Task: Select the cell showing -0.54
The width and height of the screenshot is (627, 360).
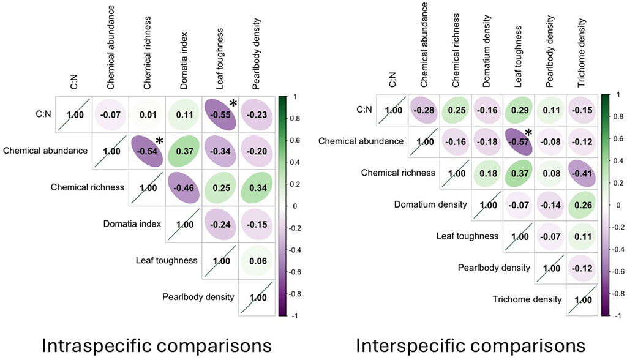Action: pyautogui.click(x=146, y=150)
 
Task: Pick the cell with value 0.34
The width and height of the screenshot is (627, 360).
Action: pyautogui.click(x=257, y=187)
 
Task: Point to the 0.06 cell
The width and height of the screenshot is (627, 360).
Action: pyautogui.click(x=257, y=260)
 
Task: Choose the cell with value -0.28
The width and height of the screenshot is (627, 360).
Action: pyautogui.click(x=424, y=110)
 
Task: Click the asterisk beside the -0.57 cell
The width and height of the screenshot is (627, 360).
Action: pyautogui.click(x=527, y=133)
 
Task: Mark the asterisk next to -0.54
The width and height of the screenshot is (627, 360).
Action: pyautogui.click(x=159, y=141)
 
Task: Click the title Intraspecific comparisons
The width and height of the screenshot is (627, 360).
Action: pyautogui.click(x=157, y=346)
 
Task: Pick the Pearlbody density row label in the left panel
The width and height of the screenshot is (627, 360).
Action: pyautogui.click(x=198, y=297)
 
